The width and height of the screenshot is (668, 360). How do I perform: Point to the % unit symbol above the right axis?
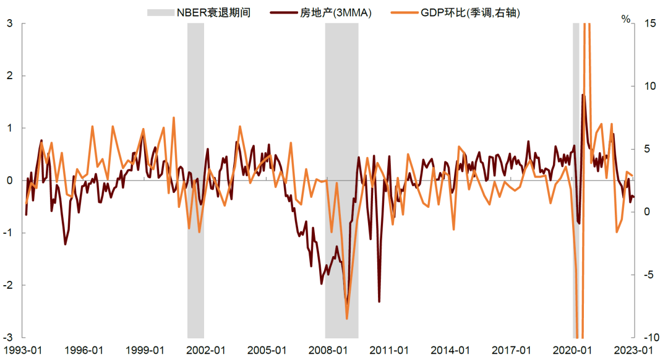coord(627,19)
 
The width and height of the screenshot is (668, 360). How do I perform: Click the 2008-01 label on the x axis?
coord(327,349)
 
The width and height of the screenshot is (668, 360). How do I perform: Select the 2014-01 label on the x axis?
coord(449,349)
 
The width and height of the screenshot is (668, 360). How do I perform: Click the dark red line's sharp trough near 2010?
coord(379,301)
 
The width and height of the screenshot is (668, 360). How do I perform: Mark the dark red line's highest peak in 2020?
coord(583,95)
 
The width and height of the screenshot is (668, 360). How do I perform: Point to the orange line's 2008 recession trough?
coord(347,319)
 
